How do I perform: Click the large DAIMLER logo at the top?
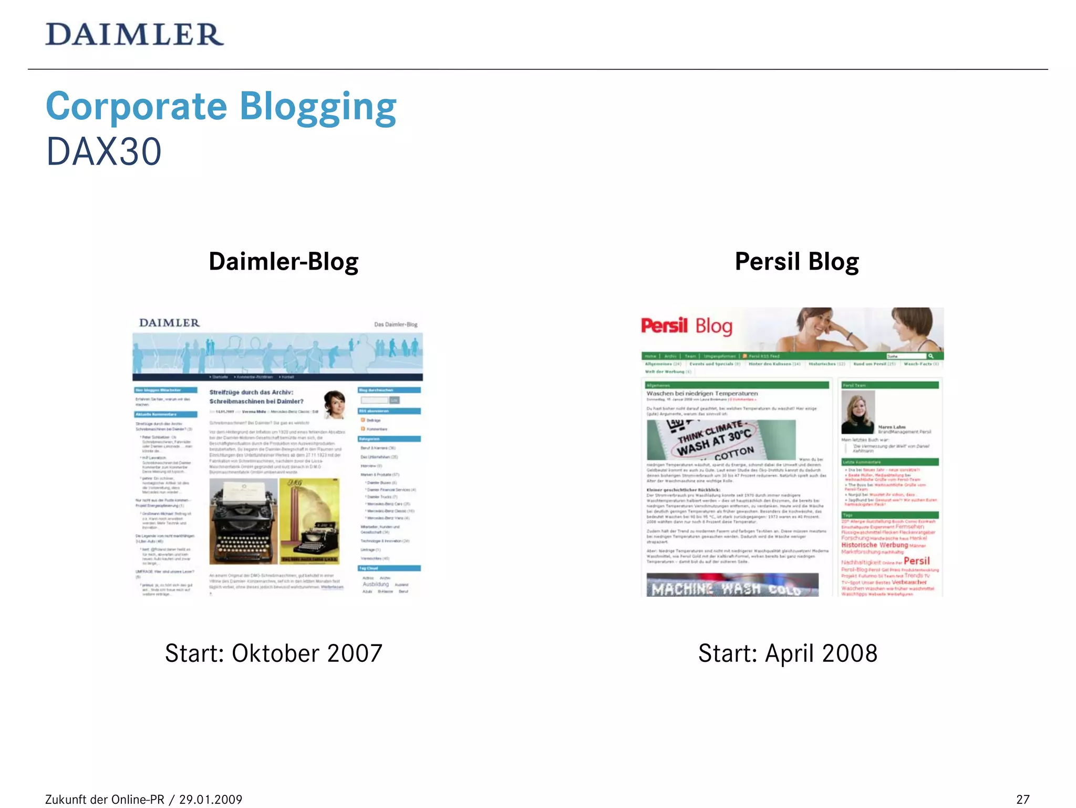click(x=134, y=35)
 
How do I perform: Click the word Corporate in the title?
click(x=137, y=107)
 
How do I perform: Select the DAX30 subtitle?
click(x=104, y=152)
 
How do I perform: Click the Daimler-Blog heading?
click(x=284, y=262)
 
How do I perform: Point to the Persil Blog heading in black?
click(x=796, y=262)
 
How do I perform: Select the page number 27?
click(x=1022, y=799)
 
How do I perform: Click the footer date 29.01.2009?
click(x=211, y=800)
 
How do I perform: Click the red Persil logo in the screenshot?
click(x=664, y=325)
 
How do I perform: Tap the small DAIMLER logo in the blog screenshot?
click(x=169, y=323)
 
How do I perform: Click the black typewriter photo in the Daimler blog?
click(x=243, y=521)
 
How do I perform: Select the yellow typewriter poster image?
click(x=309, y=521)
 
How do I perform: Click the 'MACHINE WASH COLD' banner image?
click(x=732, y=585)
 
